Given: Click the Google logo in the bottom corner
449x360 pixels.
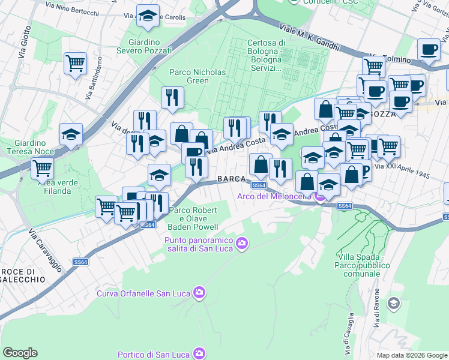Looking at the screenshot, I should pos(20,353).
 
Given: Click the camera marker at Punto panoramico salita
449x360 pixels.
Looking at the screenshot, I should pos(242,243).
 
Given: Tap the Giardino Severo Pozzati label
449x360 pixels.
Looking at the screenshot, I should pos(150,46).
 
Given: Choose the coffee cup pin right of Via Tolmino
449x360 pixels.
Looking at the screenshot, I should pos(429,50).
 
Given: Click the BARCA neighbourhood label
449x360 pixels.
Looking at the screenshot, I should pos(232,179).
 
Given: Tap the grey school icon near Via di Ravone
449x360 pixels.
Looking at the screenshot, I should pos(394,303).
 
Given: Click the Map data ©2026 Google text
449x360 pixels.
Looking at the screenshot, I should pos(411,355).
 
